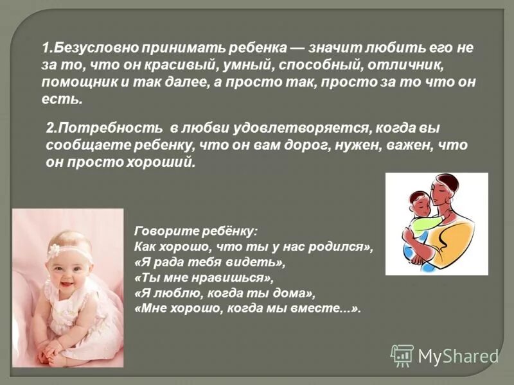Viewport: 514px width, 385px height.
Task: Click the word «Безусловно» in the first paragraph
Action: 91,48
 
